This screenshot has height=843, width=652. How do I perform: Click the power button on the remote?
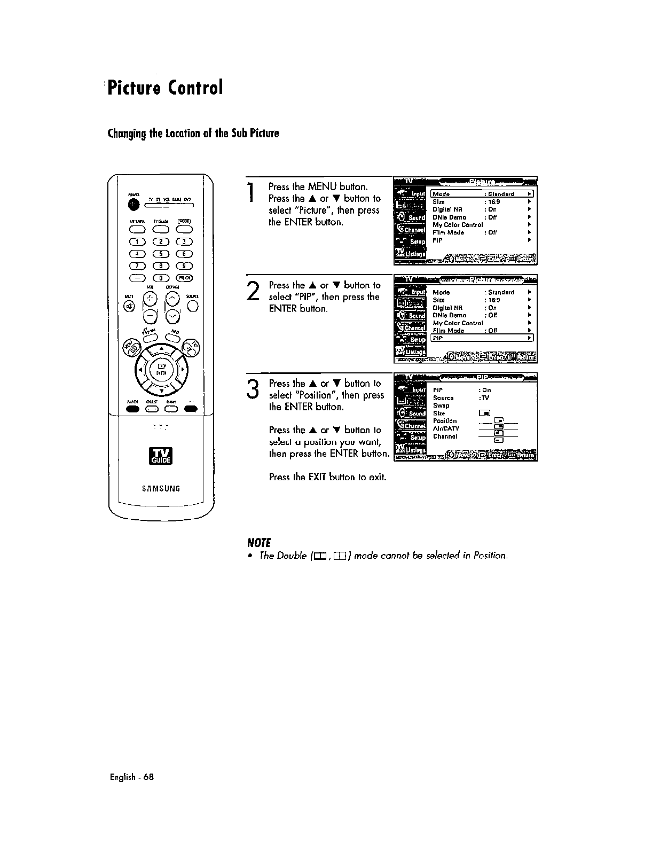pos(132,204)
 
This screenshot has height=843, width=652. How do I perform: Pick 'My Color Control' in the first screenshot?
pos(457,225)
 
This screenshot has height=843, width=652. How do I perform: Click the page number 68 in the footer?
pos(148,777)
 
